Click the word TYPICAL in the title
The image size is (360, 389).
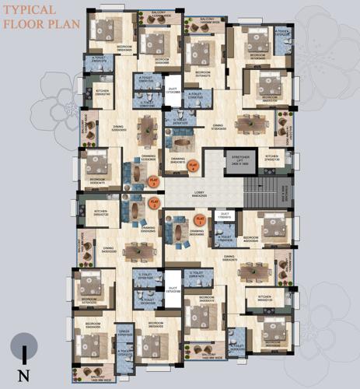click(29, 10)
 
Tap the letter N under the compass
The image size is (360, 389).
click(26, 376)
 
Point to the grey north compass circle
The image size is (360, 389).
click(26, 344)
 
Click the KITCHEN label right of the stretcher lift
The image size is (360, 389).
click(271, 158)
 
